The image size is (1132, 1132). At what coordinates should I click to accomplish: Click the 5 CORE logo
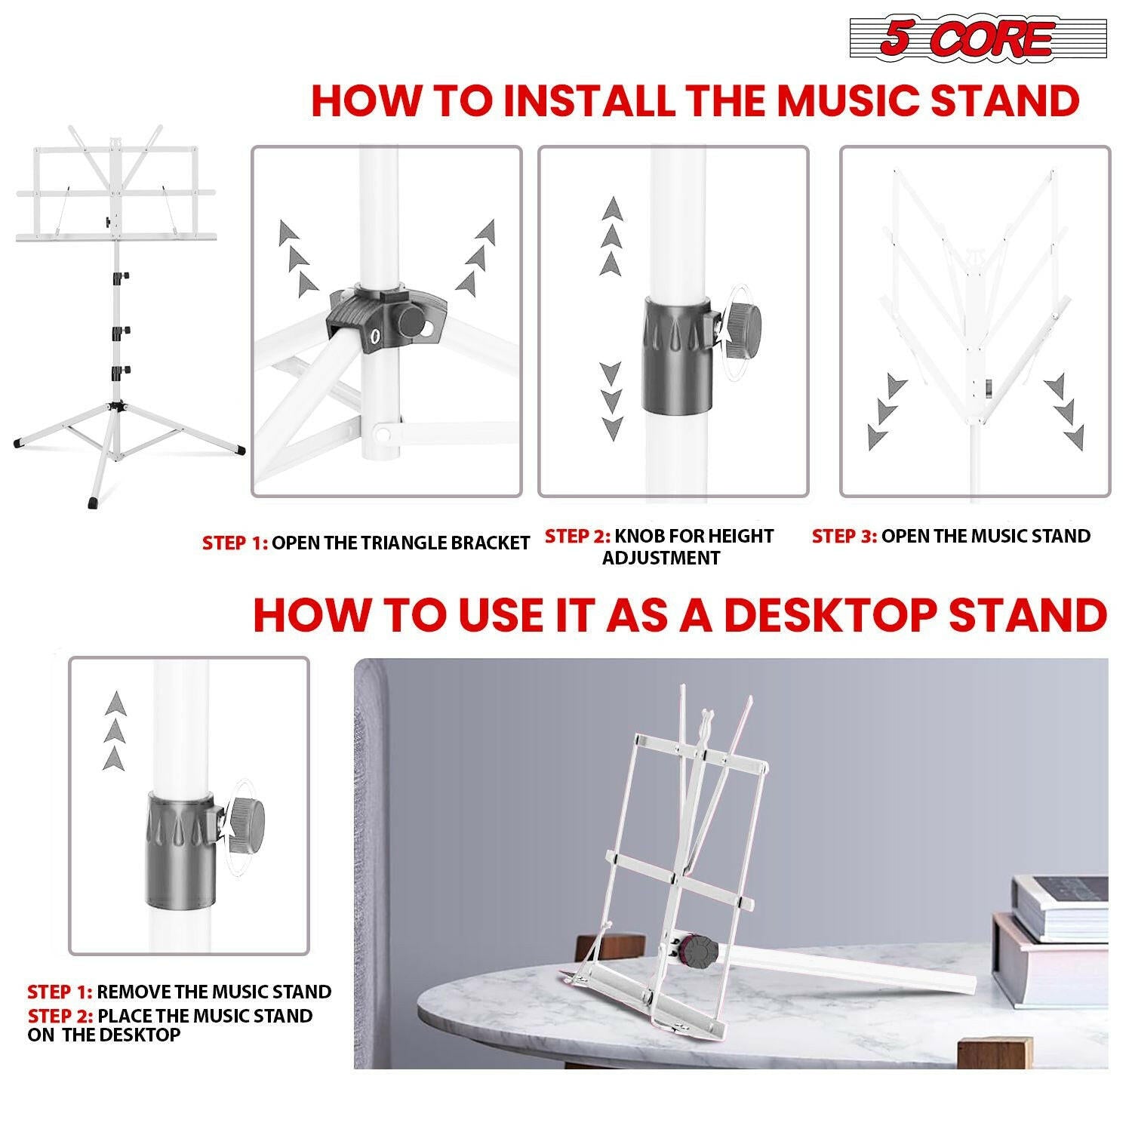coord(978,39)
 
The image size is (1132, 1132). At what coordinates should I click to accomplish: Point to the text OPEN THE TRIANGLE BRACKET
coord(400,543)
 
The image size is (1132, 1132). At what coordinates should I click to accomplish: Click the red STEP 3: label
coord(844,537)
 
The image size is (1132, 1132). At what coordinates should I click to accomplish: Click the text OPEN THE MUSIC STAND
coord(985,537)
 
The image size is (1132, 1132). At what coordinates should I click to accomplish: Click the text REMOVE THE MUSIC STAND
coord(214,992)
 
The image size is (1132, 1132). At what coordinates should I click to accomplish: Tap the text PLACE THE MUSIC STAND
coord(205,1016)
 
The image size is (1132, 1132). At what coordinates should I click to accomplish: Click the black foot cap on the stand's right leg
coord(239,449)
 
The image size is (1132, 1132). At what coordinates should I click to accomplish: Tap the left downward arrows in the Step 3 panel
coord(884,411)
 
